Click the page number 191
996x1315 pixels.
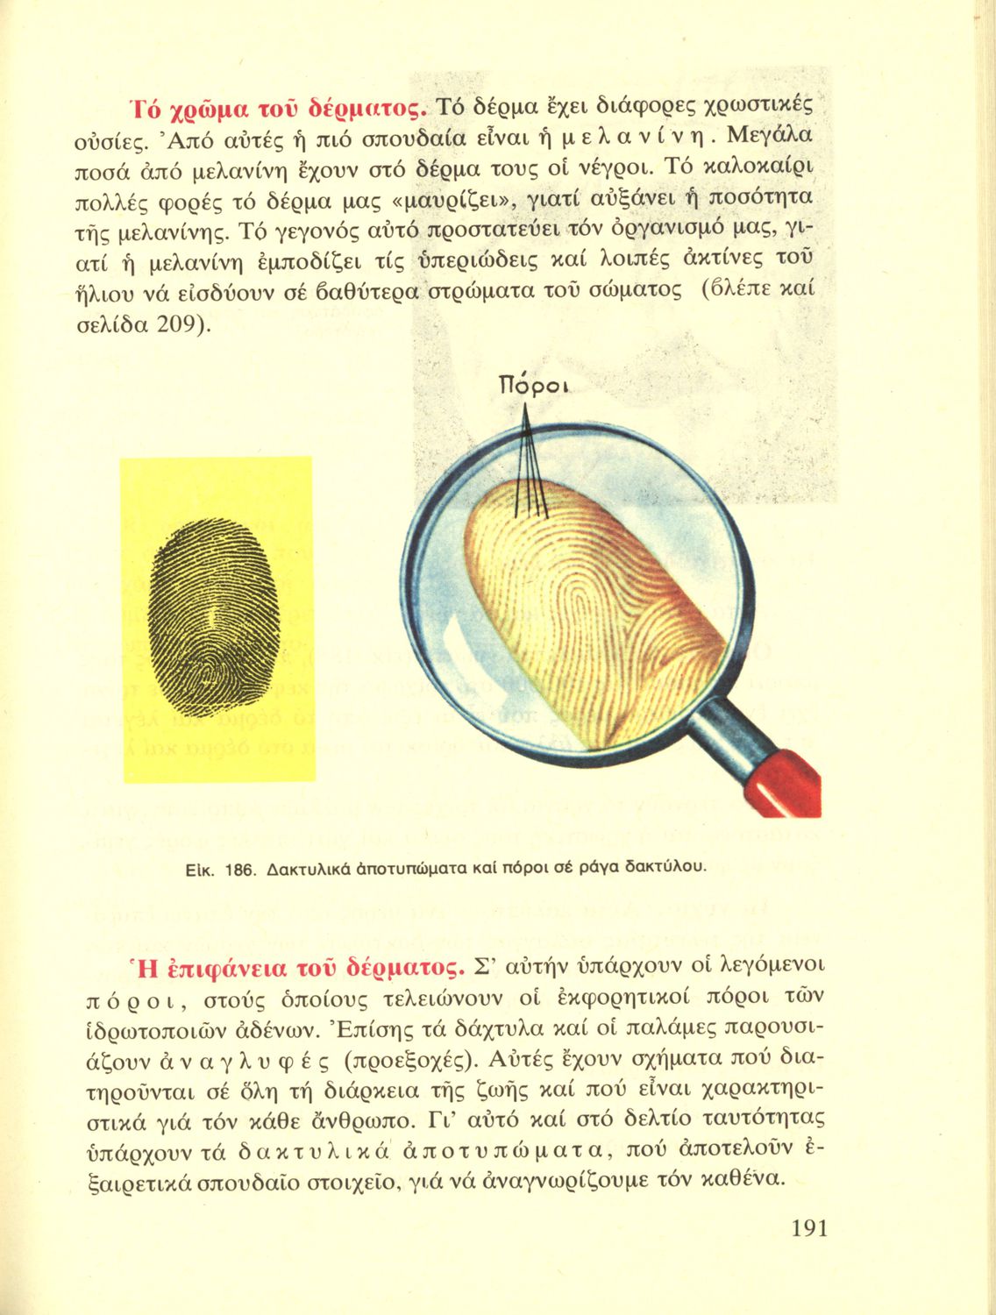[808, 1228]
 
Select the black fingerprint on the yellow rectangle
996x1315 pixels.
[217, 618]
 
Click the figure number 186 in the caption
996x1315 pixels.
[239, 870]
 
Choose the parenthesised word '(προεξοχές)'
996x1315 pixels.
[409, 1061]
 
